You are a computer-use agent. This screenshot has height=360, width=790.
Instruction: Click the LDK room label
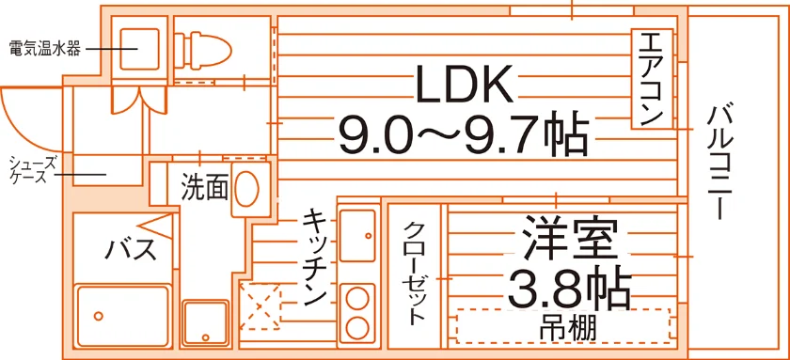(x=465, y=84)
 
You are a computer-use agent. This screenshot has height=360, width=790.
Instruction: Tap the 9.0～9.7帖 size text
(x=464, y=134)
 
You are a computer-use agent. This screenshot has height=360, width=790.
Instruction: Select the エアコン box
(x=652, y=79)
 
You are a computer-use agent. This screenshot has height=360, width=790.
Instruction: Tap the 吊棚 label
(x=568, y=328)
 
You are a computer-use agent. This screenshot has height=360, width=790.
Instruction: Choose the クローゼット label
(x=414, y=272)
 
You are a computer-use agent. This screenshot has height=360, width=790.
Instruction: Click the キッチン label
(x=315, y=258)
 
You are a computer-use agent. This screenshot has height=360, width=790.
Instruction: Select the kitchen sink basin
(x=357, y=236)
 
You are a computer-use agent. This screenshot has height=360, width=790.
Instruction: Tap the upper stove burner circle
(x=357, y=297)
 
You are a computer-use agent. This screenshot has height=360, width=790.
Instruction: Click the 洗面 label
(x=205, y=187)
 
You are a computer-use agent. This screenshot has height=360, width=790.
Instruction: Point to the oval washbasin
(x=247, y=188)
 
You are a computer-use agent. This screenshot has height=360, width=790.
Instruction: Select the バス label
(x=130, y=249)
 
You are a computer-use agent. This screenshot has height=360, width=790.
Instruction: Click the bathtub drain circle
(x=99, y=316)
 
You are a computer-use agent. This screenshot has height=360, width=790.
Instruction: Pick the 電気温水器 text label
(x=44, y=49)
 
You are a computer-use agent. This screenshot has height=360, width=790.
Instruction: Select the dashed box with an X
(x=260, y=306)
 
